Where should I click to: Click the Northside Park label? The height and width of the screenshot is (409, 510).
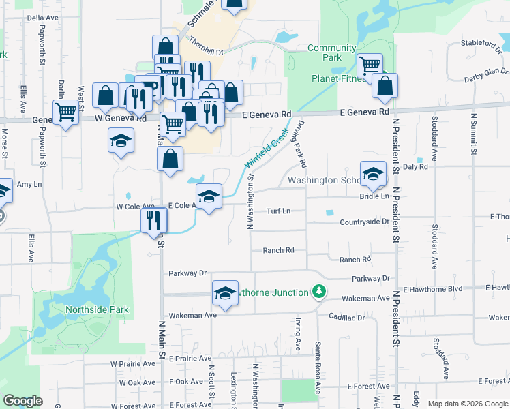(x=97, y=310)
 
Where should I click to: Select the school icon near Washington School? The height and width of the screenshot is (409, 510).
(x=373, y=175)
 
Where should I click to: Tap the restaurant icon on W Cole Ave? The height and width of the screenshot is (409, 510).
(x=153, y=219)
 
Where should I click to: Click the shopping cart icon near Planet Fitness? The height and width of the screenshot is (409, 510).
(x=370, y=66)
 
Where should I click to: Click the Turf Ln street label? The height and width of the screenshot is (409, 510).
(x=278, y=211)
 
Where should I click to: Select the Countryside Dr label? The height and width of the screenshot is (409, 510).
(x=364, y=222)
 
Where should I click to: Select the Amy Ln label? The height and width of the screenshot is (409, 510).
(x=29, y=184)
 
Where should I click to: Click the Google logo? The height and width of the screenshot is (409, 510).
(x=23, y=401)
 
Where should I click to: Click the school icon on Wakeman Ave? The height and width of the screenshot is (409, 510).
(x=225, y=292)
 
